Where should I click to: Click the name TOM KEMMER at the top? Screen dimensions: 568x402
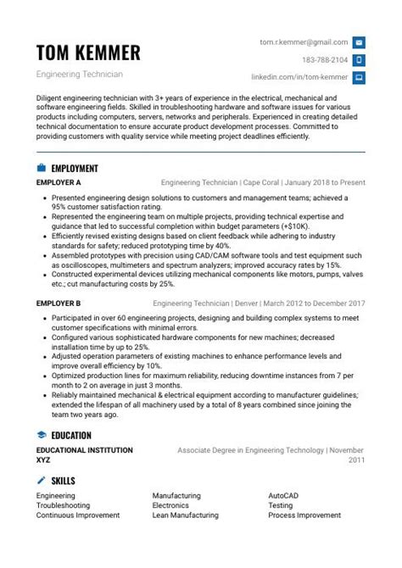click(88, 53)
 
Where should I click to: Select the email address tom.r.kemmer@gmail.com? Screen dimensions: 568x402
click(304, 42)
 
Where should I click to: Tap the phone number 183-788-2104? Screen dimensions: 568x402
click(325, 60)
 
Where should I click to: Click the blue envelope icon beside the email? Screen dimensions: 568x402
click(359, 42)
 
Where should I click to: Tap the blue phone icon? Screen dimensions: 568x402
click(359, 60)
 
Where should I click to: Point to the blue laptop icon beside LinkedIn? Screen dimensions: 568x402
click(359, 78)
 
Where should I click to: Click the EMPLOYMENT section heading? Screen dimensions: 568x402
click(75, 169)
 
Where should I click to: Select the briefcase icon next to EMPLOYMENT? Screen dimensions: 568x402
click(41, 169)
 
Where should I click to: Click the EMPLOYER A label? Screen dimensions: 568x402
click(59, 182)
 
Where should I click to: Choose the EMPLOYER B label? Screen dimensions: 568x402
click(59, 303)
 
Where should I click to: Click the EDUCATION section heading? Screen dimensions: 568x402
click(71, 436)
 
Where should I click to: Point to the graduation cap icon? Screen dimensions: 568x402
click(41, 436)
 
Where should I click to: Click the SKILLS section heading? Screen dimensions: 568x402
click(63, 481)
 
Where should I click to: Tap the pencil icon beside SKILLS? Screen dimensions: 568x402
click(41, 481)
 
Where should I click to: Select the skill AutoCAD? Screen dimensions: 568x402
click(283, 495)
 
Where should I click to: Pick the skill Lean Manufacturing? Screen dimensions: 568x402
click(185, 515)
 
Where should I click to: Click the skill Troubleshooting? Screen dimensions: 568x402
click(63, 505)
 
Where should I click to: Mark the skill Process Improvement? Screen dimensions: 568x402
click(304, 515)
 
